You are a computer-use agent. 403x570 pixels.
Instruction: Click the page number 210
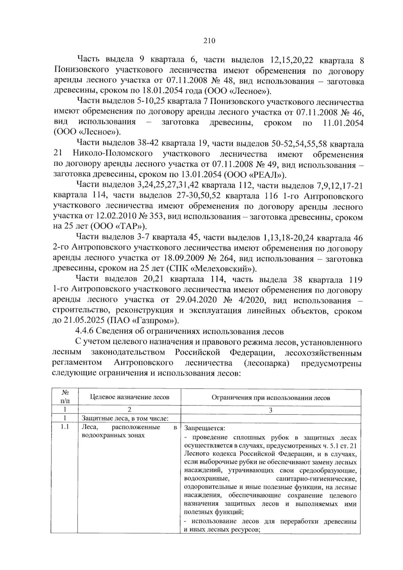tap(209, 41)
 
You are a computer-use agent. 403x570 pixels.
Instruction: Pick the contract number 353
tap(154, 217)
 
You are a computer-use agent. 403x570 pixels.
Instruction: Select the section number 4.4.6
tap(85, 332)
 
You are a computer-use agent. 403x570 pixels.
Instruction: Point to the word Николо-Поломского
tap(112, 154)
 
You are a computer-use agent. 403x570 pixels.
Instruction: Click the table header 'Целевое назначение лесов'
tap(130, 397)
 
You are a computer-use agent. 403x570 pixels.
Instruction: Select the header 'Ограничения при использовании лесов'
tap(271, 398)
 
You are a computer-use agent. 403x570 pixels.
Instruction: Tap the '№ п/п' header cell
tap(65, 397)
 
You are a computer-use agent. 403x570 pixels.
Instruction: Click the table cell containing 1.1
tap(64, 427)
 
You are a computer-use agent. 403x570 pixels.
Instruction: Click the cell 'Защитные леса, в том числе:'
tap(125, 418)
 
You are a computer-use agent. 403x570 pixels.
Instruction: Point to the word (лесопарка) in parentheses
tap(267, 363)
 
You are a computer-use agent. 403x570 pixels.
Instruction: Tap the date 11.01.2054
tap(343, 123)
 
